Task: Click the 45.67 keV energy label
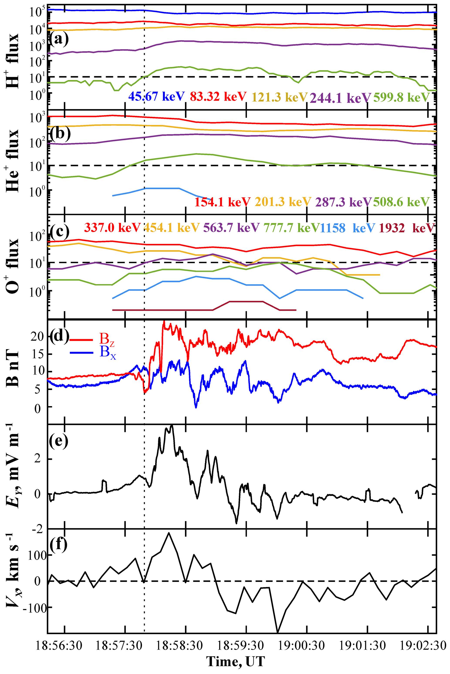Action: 156,96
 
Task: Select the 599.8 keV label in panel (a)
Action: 401,98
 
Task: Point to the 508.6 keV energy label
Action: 401,202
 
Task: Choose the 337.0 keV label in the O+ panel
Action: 112,227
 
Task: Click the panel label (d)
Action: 59,337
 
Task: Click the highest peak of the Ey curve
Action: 172,426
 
